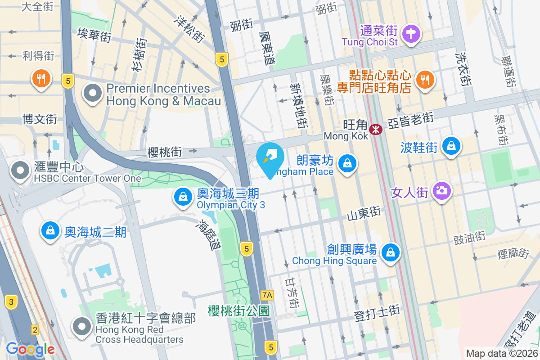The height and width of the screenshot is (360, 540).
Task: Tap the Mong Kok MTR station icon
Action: (375, 130)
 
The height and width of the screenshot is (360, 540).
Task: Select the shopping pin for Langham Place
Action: (347, 164)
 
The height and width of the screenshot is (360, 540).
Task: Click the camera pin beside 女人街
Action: (442, 191)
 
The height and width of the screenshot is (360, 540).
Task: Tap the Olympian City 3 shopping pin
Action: (183, 197)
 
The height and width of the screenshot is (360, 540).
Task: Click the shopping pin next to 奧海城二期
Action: (50, 230)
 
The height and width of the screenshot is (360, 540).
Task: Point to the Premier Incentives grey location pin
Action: (93, 94)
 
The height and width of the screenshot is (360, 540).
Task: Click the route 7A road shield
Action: (267, 295)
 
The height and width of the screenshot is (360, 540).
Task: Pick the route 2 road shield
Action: (35, 330)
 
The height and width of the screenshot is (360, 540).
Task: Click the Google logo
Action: (30, 349)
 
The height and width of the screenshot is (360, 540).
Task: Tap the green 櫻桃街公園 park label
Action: (238, 310)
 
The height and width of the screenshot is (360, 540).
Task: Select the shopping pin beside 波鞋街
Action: (450, 147)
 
